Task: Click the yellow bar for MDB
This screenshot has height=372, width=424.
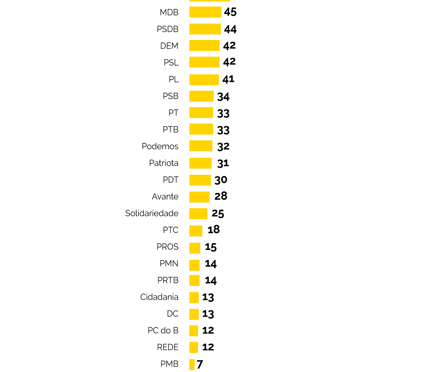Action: (205, 12)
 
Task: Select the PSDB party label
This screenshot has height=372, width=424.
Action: (168, 29)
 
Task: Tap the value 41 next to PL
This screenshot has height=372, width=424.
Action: (228, 79)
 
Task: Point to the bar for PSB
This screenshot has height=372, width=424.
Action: (201, 96)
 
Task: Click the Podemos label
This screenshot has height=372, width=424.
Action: (160, 146)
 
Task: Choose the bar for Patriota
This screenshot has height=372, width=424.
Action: (201, 163)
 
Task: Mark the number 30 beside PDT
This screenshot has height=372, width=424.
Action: (221, 180)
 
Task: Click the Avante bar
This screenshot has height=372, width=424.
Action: (199, 197)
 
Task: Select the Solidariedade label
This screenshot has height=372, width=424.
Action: (152, 213)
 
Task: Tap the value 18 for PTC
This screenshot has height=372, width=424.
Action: (214, 230)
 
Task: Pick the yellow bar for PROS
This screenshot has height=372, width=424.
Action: (195, 248)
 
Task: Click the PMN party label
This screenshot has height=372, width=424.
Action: (169, 263)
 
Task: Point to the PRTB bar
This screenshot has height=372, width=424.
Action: (194, 281)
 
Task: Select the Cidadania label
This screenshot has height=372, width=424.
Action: (159, 297)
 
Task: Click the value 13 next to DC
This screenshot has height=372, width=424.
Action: (208, 314)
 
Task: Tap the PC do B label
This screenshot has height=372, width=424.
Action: (163, 330)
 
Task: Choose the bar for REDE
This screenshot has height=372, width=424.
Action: (194, 347)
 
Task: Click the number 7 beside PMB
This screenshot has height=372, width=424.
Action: (200, 364)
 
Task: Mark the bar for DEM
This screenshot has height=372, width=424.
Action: (204, 46)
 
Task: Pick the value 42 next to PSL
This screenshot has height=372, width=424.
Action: (229, 62)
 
